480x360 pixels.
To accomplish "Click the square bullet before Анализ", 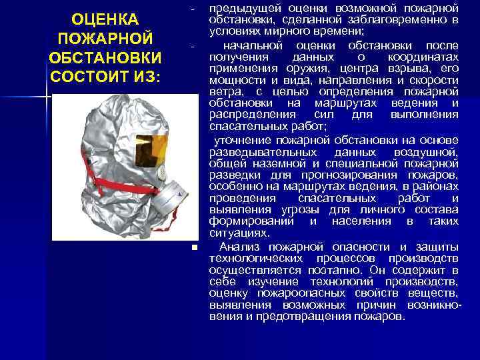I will pos(193,247).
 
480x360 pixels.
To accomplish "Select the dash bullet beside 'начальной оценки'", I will pos(192,46).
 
